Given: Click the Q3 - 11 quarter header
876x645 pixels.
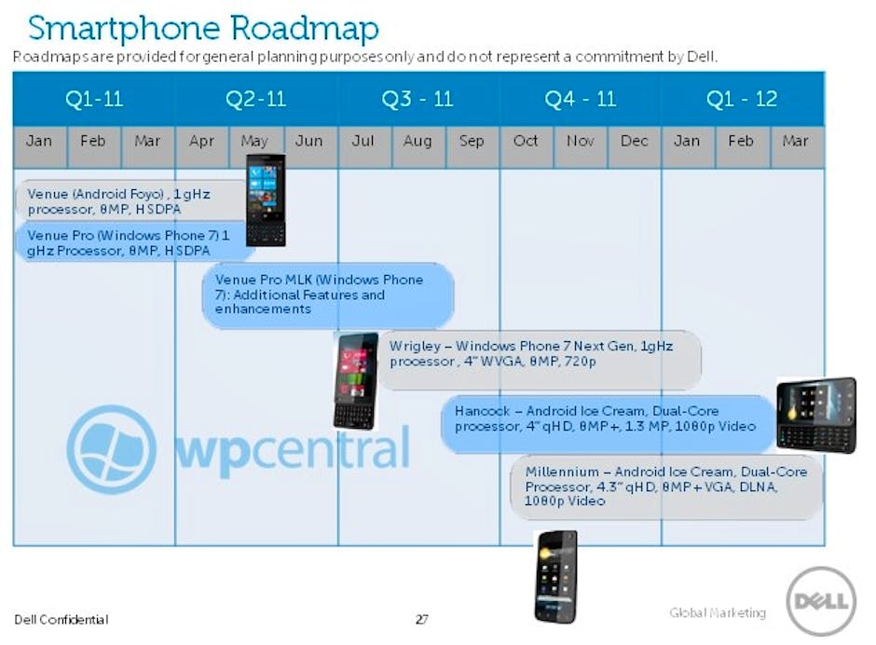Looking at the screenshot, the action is point(417,99).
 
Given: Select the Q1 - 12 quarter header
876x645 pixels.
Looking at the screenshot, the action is point(742,99).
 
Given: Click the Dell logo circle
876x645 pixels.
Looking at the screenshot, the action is point(821,601).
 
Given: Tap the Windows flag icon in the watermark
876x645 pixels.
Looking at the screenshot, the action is point(111,449).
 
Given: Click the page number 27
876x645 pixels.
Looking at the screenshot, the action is point(422,619).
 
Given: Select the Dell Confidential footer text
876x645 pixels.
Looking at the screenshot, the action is point(62,619).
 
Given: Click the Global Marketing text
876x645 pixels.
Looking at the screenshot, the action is point(718,612).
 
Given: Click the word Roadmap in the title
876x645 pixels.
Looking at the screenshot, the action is point(304,29).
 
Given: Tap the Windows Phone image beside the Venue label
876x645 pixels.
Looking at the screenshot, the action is point(266,199).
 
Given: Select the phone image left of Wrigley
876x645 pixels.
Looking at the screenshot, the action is point(356,381).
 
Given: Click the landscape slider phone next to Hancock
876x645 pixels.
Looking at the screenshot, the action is point(816,415).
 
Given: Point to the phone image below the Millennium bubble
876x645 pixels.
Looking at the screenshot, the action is point(555,577).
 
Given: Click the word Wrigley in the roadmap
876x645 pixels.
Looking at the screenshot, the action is point(415,347).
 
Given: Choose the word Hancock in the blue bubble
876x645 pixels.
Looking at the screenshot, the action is point(482,411).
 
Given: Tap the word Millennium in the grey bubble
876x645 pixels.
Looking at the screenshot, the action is point(562,472).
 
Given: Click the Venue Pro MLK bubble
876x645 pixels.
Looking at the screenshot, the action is point(328,295).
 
